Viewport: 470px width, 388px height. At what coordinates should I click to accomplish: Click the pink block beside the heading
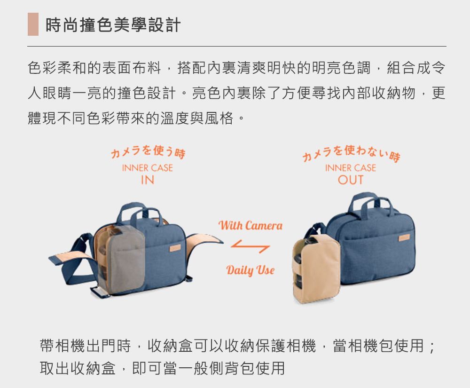pyautogui.click(x=33, y=24)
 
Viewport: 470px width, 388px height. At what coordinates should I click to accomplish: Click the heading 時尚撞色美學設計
pyautogui.click(x=113, y=24)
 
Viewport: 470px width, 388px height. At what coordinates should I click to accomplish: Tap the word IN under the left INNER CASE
pyautogui.click(x=148, y=180)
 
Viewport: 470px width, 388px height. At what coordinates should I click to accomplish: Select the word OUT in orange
pyautogui.click(x=351, y=180)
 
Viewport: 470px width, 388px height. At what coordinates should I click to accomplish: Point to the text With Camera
pyautogui.click(x=251, y=225)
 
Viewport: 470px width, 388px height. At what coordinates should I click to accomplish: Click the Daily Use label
pyautogui.click(x=251, y=270)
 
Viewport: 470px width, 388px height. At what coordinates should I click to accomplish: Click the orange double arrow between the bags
pyautogui.click(x=251, y=246)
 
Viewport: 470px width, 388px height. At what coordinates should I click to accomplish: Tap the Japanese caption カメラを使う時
pyautogui.click(x=148, y=152)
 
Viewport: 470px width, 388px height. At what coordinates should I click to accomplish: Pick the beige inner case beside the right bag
pyautogui.click(x=316, y=268)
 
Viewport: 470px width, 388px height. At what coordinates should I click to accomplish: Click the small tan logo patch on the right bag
pyautogui.click(x=404, y=238)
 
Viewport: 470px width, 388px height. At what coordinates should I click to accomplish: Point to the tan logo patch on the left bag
pyautogui.click(x=175, y=248)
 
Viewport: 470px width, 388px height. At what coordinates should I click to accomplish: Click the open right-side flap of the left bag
pyautogui.click(x=204, y=245)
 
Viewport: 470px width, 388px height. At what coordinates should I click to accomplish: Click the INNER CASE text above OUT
pyautogui.click(x=351, y=168)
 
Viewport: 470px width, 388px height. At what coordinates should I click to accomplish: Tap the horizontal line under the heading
pyautogui.click(x=237, y=47)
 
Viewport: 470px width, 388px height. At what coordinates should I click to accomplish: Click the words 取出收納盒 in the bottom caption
pyautogui.click(x=78, y=368)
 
